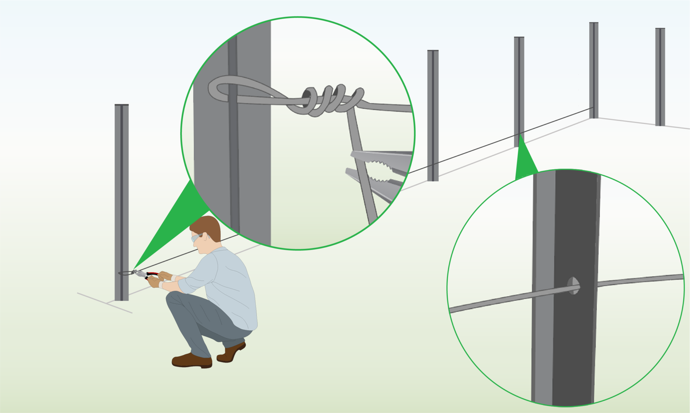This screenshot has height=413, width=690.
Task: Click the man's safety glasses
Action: pyautogui.click(x=197, y=237)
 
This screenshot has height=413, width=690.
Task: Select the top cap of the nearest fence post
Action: pyautogui.click(x=122, y=105)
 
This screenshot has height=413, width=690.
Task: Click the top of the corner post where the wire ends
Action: pyautogui.click(x=594, y=23)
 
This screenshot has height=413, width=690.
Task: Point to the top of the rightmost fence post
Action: pyautogui.click(x=660, y=29)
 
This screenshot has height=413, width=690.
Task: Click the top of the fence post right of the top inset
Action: pyautogui.click(x=433, y=51)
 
